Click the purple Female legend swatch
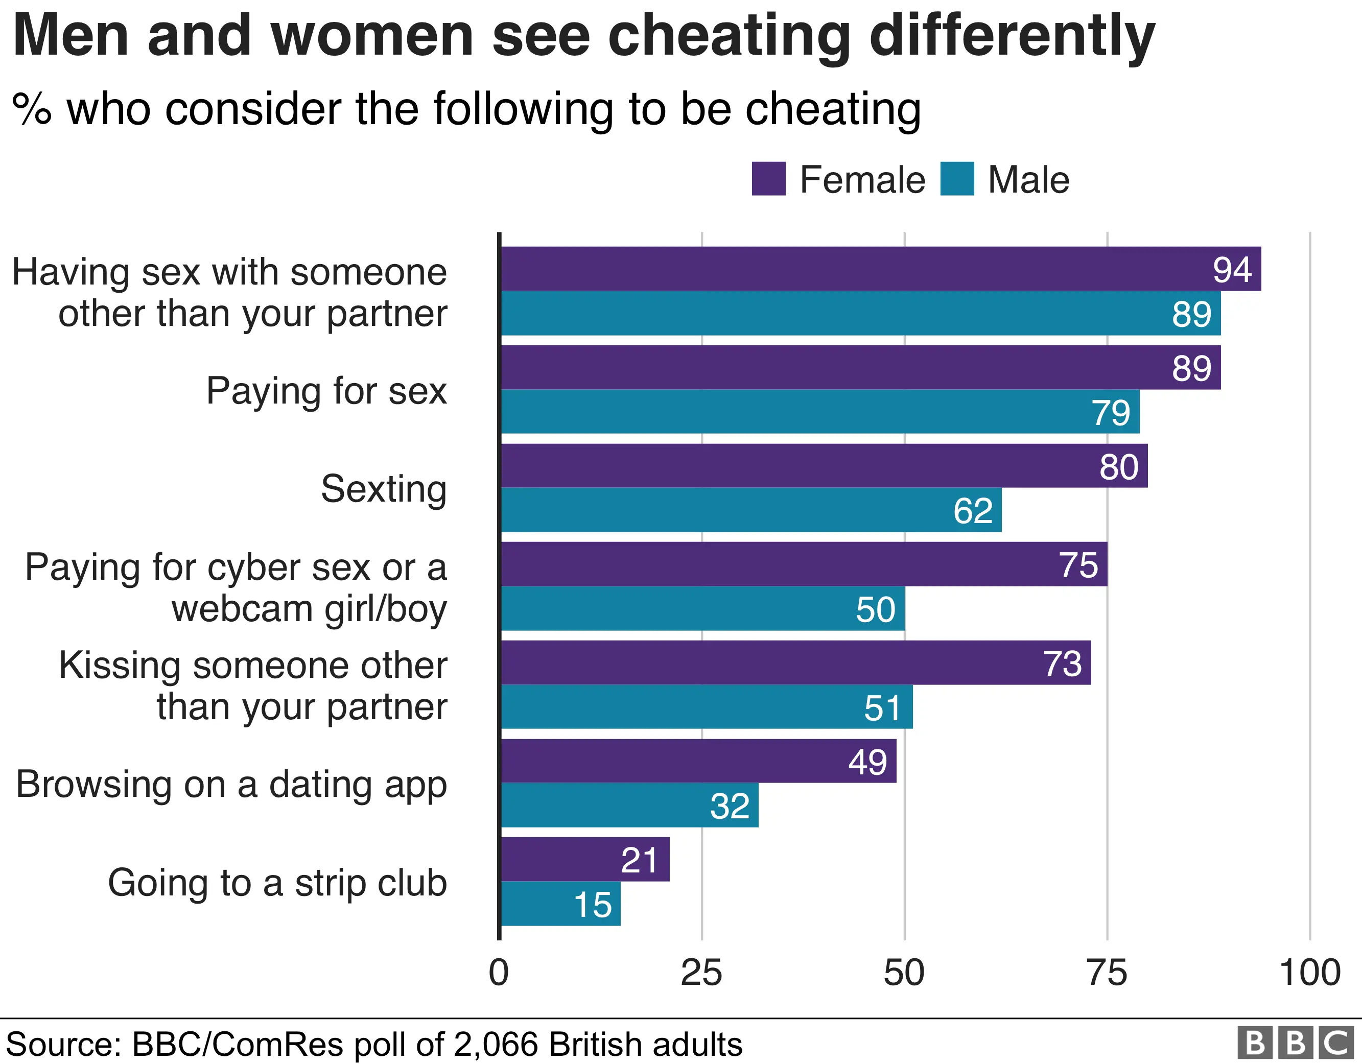(x=768, y=179)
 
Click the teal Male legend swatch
(x=957, y=179)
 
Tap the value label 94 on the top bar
(x=1232, y=269)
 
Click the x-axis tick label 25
(x=701, y=973)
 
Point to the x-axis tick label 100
(x=1309, y=973)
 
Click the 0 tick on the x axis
(x=499, y=973)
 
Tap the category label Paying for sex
(x=326, y=392)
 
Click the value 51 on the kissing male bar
(x=882, y=707)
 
